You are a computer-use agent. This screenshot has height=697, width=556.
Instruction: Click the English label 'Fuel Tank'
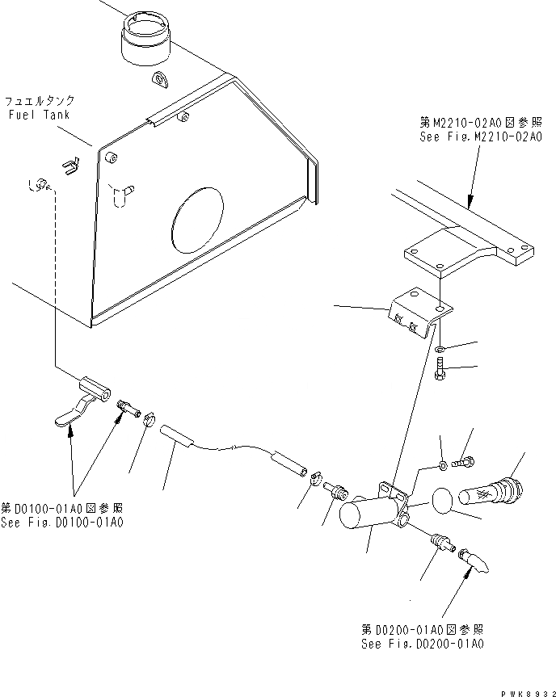(39, 115)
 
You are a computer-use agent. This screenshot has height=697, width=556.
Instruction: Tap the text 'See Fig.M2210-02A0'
(468, 137)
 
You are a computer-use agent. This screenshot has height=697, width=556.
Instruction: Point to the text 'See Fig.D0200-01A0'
(423, 643)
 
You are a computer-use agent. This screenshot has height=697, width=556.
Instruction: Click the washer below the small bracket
(439, 350)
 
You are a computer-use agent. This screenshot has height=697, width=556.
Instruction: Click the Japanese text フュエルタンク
(40, 101)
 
